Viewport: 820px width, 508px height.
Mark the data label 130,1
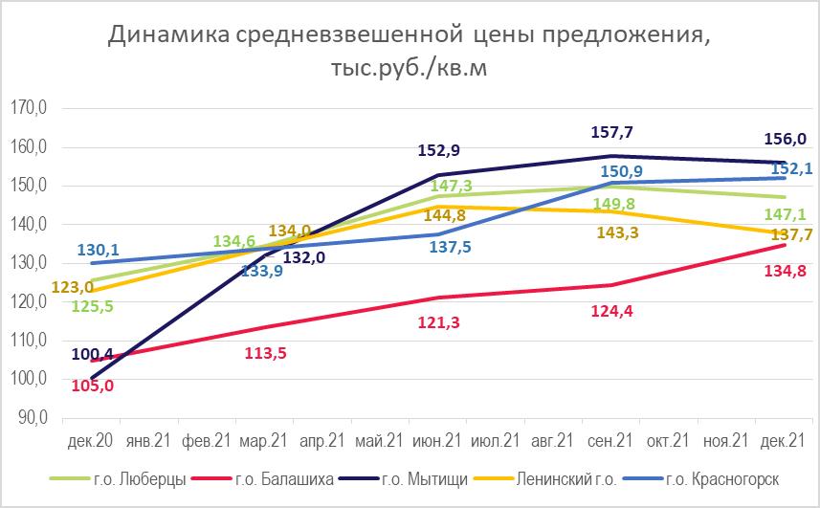point(97,249)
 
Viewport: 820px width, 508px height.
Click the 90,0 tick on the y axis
point(31,418)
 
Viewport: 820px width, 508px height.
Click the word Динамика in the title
point(165,35)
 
